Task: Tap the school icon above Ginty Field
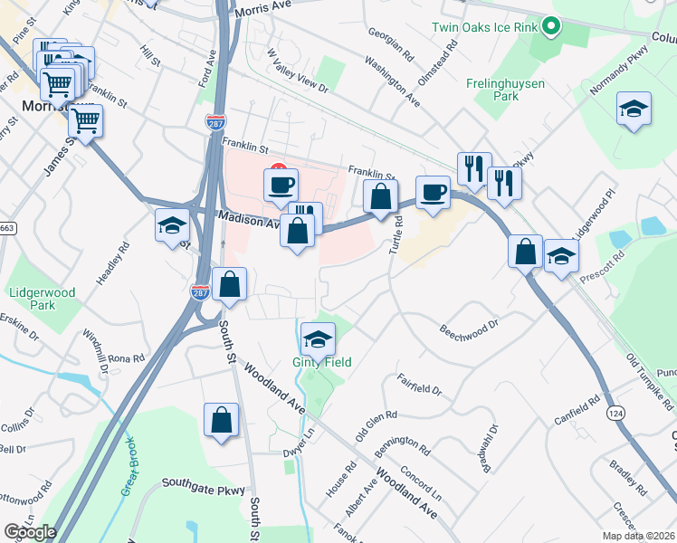[x=318, y=339]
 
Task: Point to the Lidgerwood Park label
[x=43, y=299]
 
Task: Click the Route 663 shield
[x=7, y=228]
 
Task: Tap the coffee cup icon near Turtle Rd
[x=434, y=193]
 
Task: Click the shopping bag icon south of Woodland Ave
[x=221, y=421]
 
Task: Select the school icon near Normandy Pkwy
[x=634, y=110]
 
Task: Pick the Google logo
[x=30, y=531]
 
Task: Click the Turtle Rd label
[x=396, y=234]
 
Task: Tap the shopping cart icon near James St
[x=85, y=122]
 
